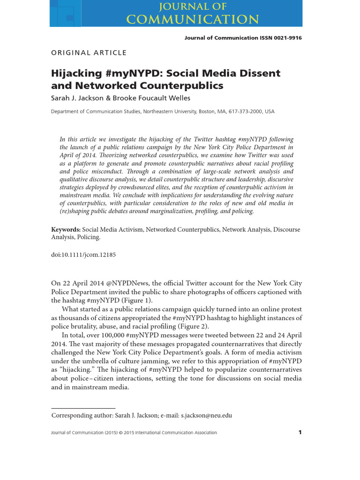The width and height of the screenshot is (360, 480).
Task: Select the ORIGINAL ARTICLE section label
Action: coord(89,52)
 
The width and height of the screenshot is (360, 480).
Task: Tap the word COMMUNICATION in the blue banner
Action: coord(193,19)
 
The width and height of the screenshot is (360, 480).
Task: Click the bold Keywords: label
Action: coord(66,230)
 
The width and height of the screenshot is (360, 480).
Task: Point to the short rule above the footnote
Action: coord(83,408)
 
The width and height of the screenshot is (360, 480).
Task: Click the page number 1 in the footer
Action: coord(300,433)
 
